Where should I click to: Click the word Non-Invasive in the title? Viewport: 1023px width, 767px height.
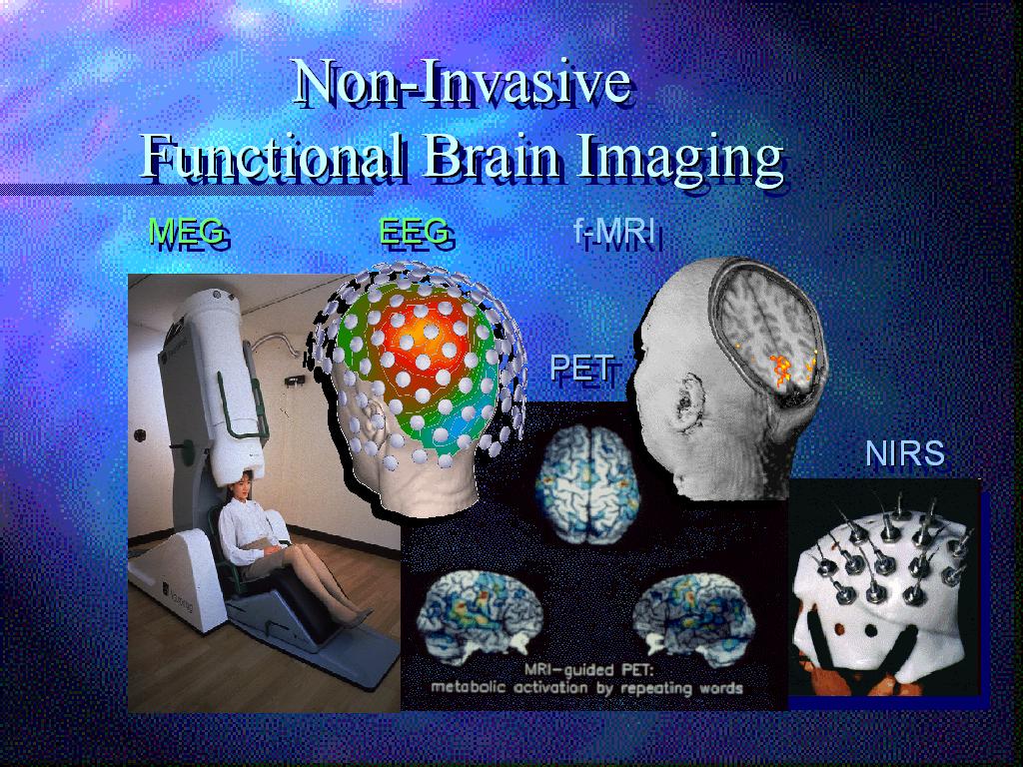(x=462, y=82)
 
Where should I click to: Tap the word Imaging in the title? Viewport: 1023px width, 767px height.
(x=679, y=161)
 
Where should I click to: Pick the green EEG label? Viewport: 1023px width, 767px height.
(x=414, y=231)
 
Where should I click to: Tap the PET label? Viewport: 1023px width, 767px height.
(x=581, y=368)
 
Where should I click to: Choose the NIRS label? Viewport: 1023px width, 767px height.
(x=905, y=453)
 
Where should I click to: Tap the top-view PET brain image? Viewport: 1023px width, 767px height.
(x=587, y=484)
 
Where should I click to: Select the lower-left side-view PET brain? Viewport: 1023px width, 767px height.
(x=480, y=613)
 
